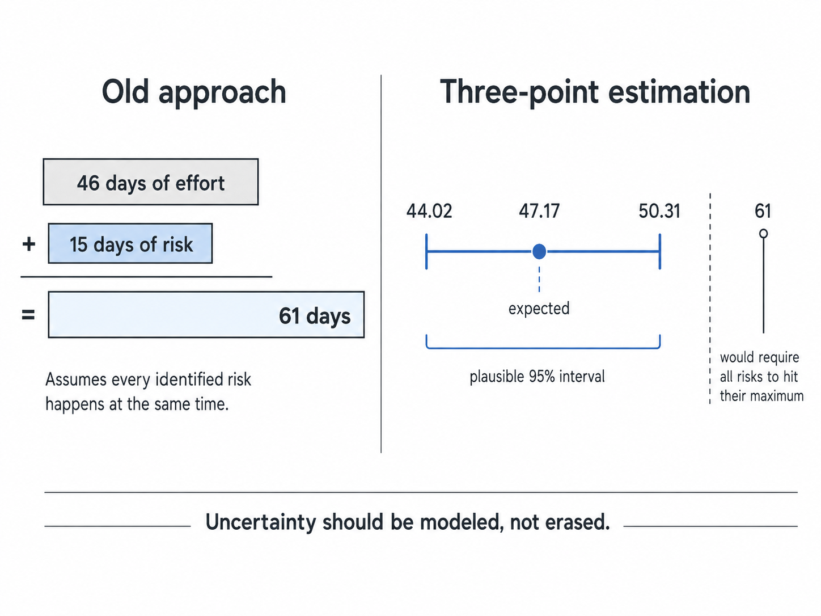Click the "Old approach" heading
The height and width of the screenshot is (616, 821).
pos(194,93)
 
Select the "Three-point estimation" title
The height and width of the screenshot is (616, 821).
pos(595,93)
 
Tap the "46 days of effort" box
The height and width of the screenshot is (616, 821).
pos(151,182)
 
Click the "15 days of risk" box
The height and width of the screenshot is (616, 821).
pos(130,243)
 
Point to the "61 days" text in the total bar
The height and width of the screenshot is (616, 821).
pos(315,316)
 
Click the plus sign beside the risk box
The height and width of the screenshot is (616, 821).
pos(29,244)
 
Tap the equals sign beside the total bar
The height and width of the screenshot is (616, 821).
pos(28,315)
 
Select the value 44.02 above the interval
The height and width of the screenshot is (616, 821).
pos(429,211)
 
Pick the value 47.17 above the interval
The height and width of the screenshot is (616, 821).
pos(539,211)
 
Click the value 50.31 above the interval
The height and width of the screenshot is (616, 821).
pos(659,211)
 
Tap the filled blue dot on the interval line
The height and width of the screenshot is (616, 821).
pos(539,251)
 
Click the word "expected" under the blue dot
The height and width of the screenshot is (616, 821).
pos(539,309)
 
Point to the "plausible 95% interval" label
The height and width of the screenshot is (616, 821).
pos(537,376)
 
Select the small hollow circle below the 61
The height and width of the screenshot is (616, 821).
pos(763,234)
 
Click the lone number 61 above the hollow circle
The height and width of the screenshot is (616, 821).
pos(763,211)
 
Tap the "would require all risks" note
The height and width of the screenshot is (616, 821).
pos(761,377)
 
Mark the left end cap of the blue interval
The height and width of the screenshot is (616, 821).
pos(426,251)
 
